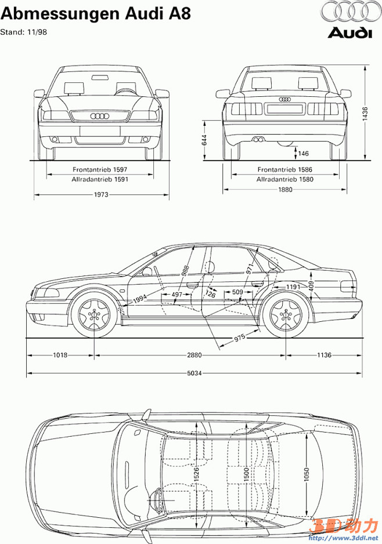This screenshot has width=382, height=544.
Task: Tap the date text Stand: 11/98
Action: click(24, 32)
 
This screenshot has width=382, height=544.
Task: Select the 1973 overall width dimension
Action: click(102, 195)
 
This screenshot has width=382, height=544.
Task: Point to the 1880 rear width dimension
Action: click(285, 189)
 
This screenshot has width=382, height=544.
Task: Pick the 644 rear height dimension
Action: click(205, 140)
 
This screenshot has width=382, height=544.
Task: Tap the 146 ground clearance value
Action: click(304, 153)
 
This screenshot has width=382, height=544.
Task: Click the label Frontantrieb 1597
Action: click(100, 169)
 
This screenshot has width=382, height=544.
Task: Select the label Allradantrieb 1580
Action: click(285, 180)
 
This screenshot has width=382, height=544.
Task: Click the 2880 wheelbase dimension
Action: click(190, 354)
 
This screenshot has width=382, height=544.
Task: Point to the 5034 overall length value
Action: click(194, 373)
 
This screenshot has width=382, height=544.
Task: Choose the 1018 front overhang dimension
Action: click(61, 354)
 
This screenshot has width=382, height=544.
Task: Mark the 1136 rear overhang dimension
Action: click(324, 354)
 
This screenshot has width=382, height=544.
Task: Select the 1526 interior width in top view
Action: click(196, 473)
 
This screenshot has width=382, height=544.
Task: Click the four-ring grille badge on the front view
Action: click(100, 116)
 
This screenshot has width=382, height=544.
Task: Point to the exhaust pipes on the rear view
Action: click(257, 139)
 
